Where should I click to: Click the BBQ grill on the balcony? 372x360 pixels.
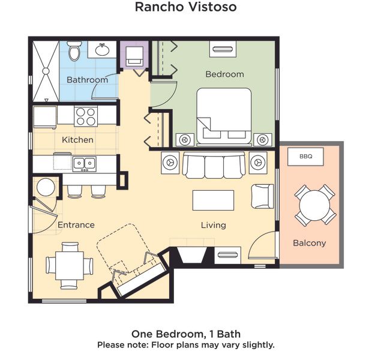305,157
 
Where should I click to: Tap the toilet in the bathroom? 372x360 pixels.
74,51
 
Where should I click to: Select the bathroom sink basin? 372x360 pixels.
102,50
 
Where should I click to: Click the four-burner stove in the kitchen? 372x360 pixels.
86,116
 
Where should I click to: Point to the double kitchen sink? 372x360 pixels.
84,164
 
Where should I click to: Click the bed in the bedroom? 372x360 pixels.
224,116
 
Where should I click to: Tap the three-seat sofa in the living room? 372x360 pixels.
214,166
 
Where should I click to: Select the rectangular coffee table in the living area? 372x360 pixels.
213,200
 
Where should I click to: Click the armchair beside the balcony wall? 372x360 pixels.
262,196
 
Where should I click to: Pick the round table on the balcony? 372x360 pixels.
314,206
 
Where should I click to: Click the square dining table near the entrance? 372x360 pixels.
70,266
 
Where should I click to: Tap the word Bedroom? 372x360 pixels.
224,74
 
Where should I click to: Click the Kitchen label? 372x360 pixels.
77,140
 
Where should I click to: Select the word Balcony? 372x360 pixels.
310,243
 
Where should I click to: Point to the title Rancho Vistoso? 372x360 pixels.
186,7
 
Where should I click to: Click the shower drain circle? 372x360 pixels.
46,71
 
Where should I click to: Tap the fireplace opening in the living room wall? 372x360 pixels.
191,255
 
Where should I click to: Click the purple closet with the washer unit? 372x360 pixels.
134,55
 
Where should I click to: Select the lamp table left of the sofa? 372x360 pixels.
170,163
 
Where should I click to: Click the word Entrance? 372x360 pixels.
76,225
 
